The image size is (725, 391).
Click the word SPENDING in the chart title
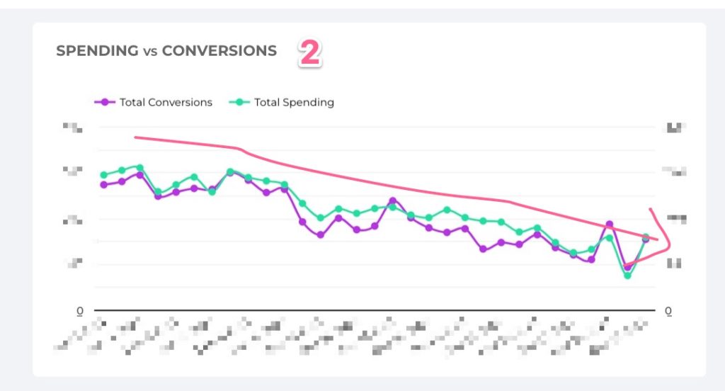(97, 51)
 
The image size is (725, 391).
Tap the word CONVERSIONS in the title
(219, 51)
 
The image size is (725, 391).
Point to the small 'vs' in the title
(150, 52)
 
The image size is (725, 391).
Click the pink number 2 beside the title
(309, 53)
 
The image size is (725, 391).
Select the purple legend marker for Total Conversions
(105, 102)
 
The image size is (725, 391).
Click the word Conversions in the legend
(180, 102)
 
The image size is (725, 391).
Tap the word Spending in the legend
(308, 102)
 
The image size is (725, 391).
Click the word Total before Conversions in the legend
(132, 102)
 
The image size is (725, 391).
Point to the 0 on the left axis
(80, 311)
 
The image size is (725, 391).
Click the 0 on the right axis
(668, 311)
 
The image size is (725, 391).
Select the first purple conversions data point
(104, 185)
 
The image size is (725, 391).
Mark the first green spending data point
(104, 175)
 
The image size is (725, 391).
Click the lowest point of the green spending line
(627, 275)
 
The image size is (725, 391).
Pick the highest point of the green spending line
(139, 167)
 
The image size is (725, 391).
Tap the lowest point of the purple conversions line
(627, 267)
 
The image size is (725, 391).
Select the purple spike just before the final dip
(610, 225)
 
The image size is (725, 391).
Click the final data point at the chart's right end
(646, 239)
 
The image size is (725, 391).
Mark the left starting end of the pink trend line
(135, 137)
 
